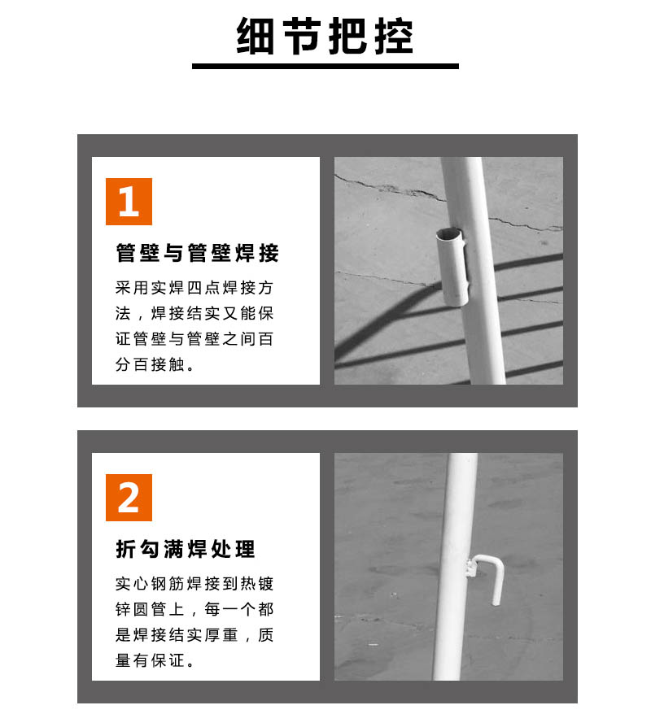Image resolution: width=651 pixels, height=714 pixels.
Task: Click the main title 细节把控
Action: click(x=325, y=37)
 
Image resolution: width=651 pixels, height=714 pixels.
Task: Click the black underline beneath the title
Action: click(x=325, y=66)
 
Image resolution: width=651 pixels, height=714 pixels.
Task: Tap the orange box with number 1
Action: click(x=129, y=201)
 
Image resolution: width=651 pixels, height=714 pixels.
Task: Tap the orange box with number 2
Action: click(x=129, y=497)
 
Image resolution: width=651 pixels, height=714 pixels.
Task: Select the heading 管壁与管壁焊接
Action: click(x=197, y=253)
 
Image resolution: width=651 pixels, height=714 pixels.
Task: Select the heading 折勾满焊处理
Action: click(x=186, y=549)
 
